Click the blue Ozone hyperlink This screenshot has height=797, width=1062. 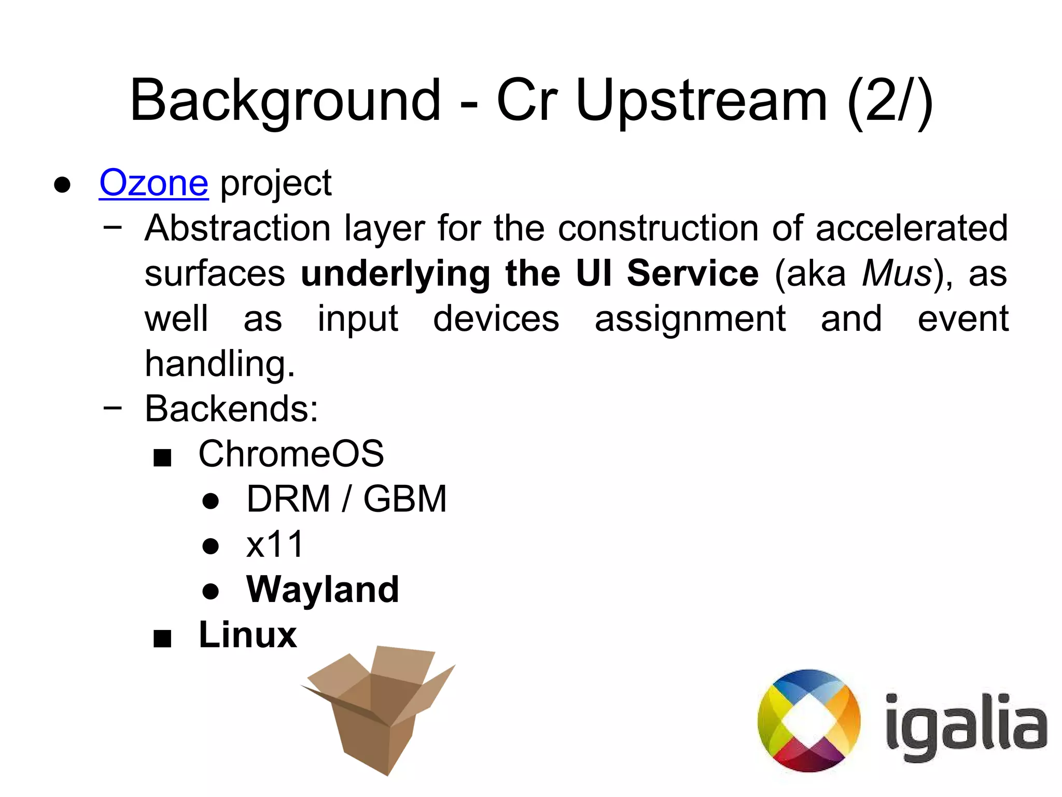[x=153, y=183]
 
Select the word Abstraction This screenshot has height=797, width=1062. [x=237, y=228]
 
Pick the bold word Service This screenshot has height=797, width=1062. [x=693, y=273]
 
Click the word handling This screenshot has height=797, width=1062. [x=220, y=363]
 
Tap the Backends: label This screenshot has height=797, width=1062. [x=231, y=409]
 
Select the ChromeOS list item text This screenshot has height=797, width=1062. [x=291, y=454]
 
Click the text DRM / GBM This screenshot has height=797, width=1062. [x=346, y=499]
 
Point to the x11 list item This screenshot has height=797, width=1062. [x=275, y=544]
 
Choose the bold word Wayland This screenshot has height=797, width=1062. [x=323, y=590]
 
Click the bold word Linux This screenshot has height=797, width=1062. [x=248, y=635]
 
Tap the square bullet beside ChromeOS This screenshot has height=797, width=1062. [x=162, y=458]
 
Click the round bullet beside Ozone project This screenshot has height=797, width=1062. [x=62, y=185]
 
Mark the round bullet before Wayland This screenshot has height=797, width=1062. [x=211, y=591]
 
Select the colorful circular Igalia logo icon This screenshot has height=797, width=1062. [x=808, y=721]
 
